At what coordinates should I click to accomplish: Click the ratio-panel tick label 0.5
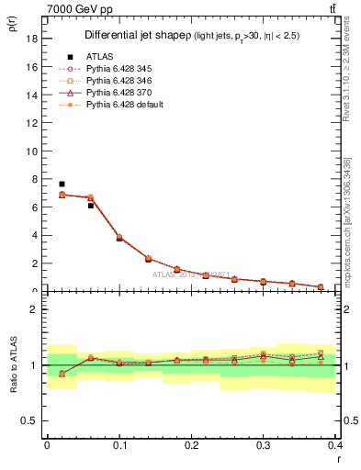click(x=29, y=420)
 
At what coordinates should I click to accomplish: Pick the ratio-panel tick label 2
click(x=33, y=309)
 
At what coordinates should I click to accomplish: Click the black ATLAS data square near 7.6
click(x=62, y=185)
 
